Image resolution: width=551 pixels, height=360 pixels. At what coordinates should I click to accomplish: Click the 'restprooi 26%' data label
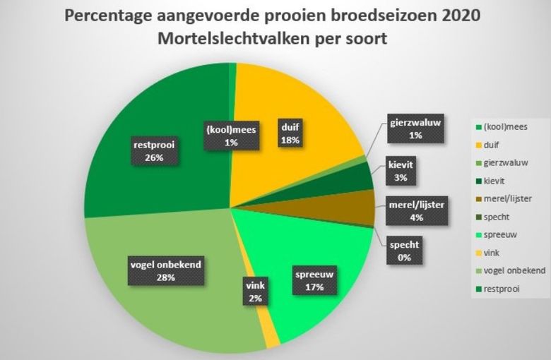[154, 152]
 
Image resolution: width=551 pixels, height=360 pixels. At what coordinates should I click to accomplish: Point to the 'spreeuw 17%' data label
[315, 280]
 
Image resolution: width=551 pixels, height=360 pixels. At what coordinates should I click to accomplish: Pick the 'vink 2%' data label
[255, 292]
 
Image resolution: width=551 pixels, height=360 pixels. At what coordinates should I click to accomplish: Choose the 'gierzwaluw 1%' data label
[415, 128]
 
